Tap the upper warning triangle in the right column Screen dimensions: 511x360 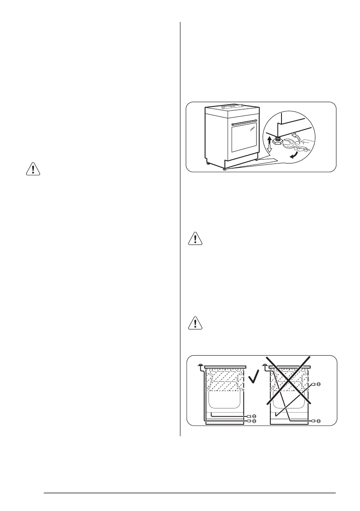(x=195, y=239)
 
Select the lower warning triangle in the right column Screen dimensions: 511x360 (x=195, y=324)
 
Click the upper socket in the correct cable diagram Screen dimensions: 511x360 (x=254, y=416)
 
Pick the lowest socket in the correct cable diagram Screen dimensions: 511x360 (x=254, y=422)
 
